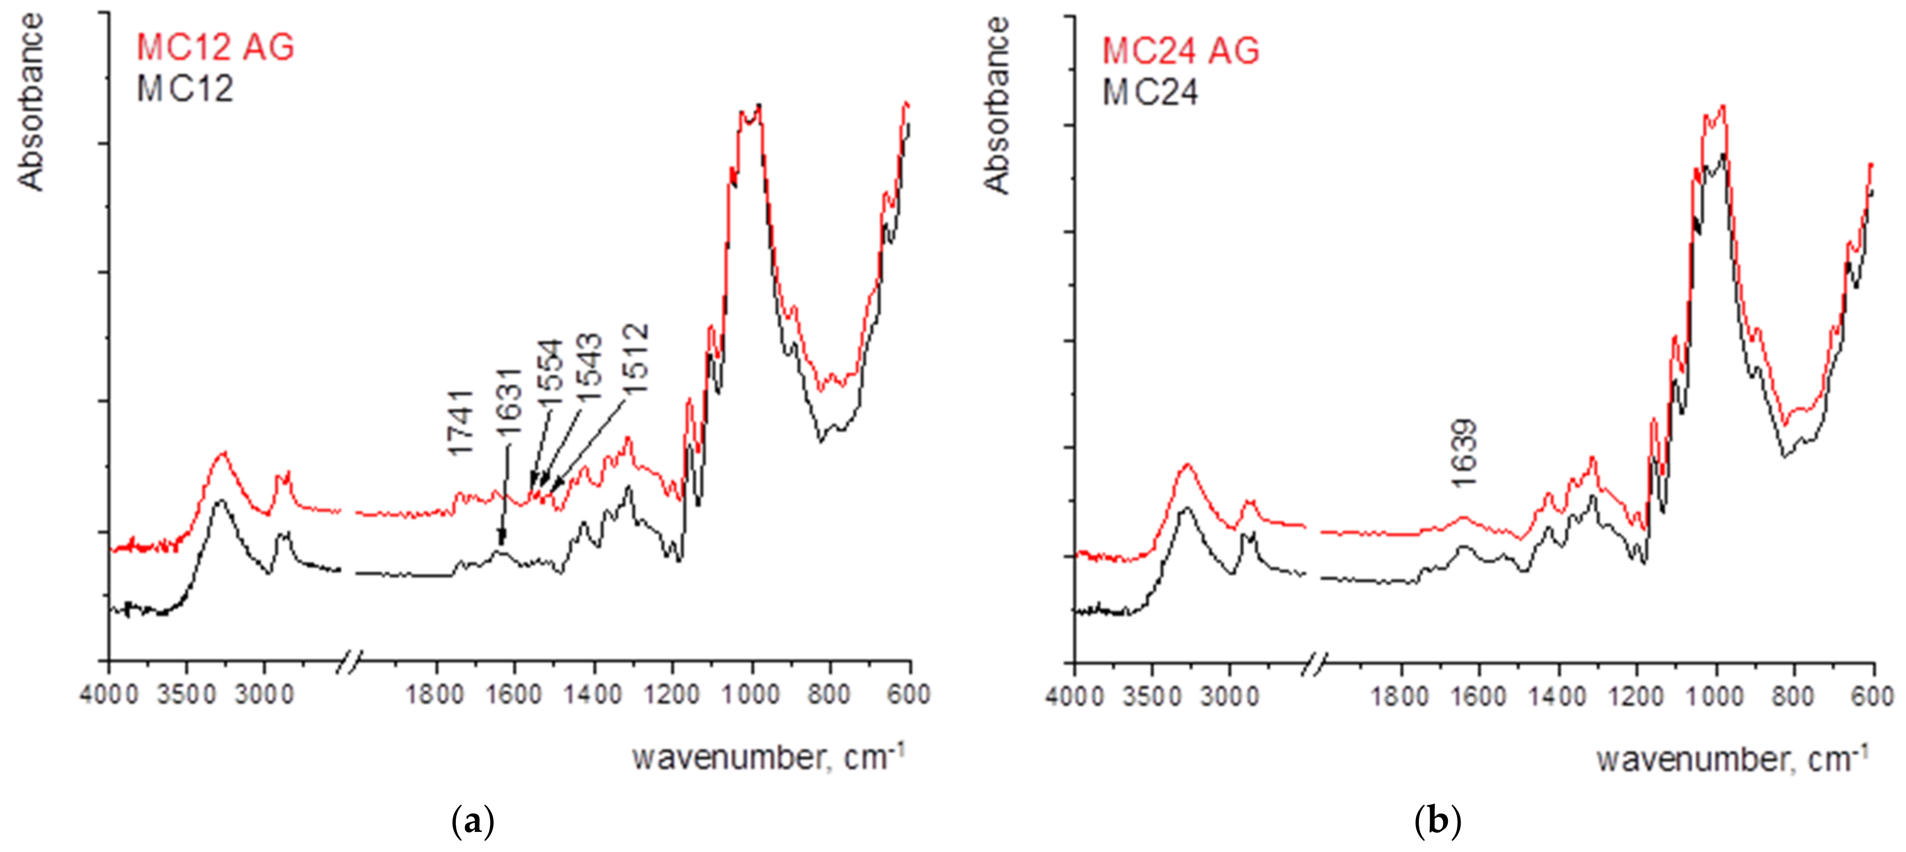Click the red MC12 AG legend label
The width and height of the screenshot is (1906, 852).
(x=215, y=47)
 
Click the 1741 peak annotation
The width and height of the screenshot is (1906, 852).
(x=460, y=423)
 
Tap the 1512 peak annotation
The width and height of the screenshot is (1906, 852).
(x=635, y=358)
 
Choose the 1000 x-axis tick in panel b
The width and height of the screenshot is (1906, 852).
(x=1714, y=697)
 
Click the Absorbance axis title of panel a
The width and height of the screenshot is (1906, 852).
(x=31, y=102)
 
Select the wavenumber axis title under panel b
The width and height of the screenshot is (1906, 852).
(x=1732, y=759)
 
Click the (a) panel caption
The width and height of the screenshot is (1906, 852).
(x=472, y=822)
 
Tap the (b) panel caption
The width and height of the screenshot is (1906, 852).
(x=1437, y=822)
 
